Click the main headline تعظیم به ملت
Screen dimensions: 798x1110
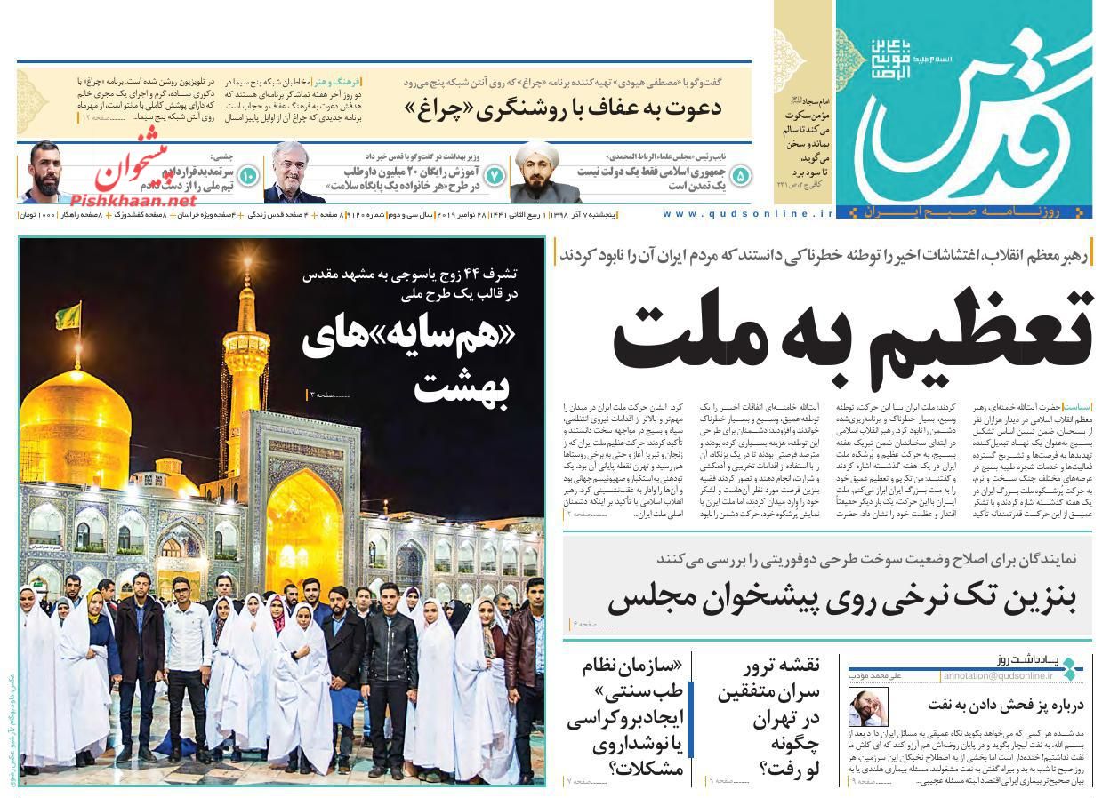851,336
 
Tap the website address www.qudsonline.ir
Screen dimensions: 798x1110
748,214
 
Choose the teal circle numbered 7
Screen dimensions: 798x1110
494,175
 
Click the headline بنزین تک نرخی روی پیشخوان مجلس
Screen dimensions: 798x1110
841,598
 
